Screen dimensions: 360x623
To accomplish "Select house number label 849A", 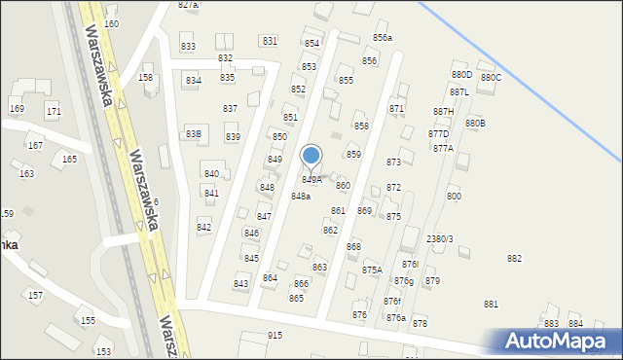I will point(311,180).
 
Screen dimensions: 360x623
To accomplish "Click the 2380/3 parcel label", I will point(440,238).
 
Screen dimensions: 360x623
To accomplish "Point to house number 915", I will point(275,336).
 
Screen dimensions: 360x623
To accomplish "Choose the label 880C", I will point(491,78).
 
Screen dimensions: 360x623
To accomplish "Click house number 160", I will point(111,23).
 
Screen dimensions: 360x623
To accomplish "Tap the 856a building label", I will point(383,38).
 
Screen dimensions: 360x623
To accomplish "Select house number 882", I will point(514,258).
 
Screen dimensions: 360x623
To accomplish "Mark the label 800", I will point(454,197).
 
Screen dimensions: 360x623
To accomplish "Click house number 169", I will point(17,108).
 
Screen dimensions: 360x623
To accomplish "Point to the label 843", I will point(240,283).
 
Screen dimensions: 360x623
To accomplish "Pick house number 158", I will point(146,78).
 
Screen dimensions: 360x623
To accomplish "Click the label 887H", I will point(444,112).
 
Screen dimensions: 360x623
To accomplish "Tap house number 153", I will point(102,351).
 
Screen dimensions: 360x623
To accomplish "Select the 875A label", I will point(372,270).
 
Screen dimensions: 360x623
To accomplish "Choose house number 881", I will point(491,305).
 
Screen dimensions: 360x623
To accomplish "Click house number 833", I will point(188,47).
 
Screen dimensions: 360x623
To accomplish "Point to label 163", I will point(26,173).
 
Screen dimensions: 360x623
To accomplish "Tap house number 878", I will point(420,323).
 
